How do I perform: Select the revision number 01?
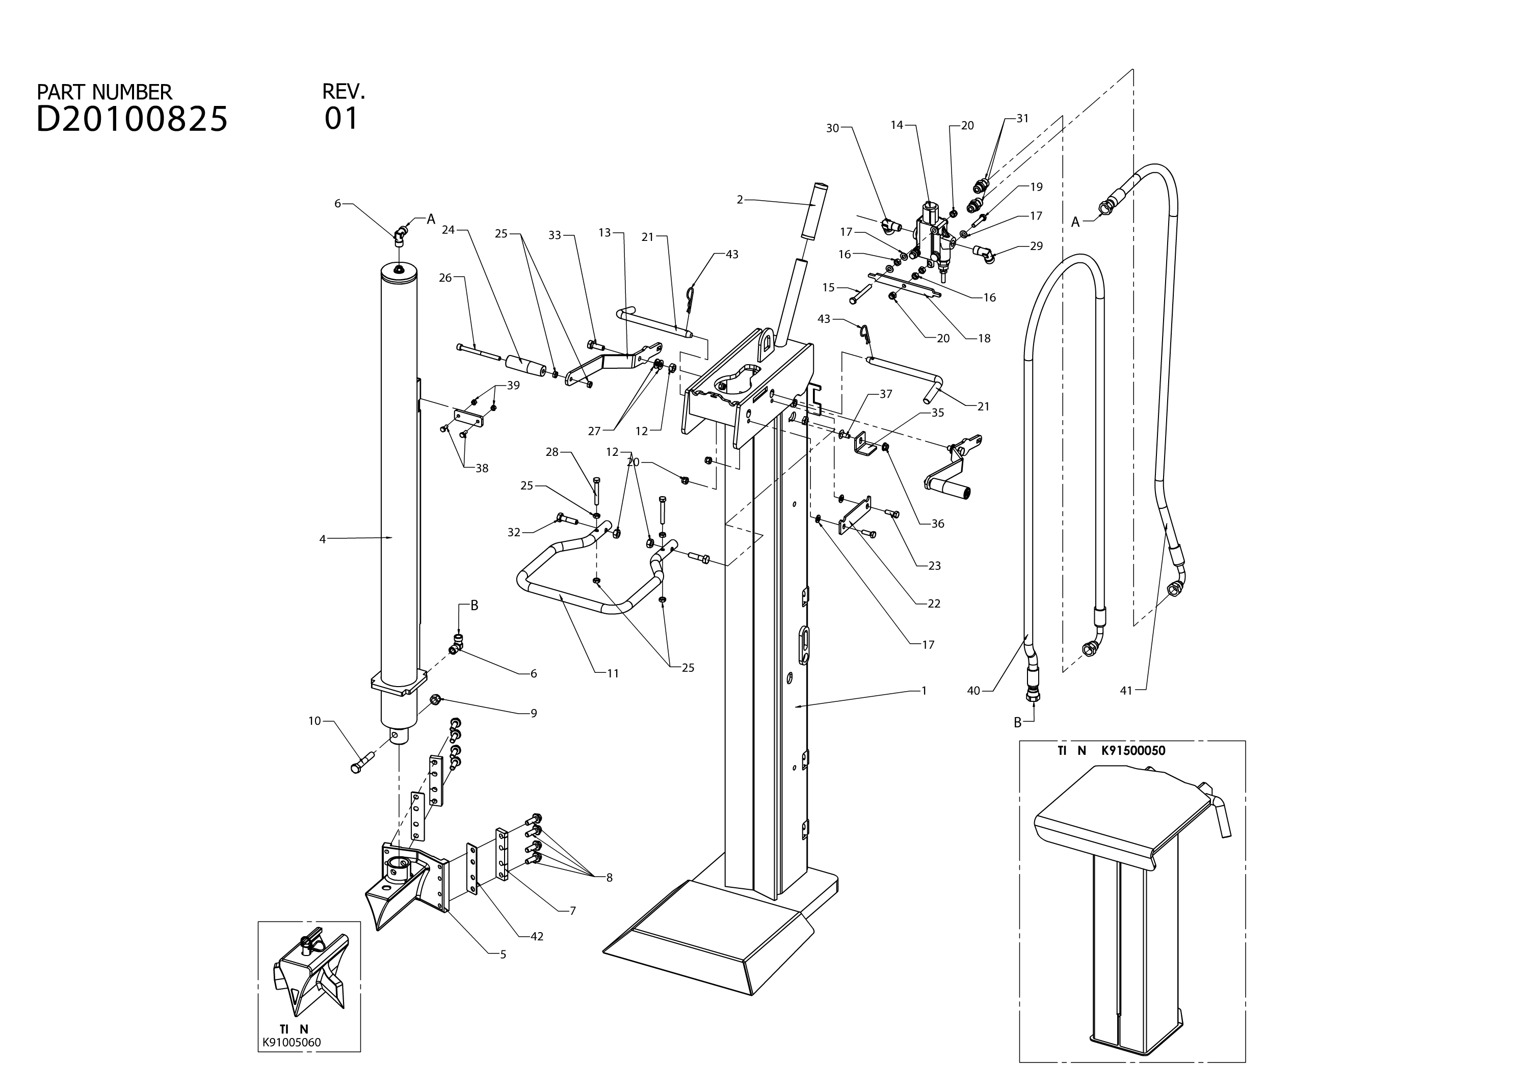(x=341, y=118)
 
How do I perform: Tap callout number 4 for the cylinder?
(x=322, y=539)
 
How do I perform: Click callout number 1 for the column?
(x=924, y=691)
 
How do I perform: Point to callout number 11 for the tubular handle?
(x=613, y=673)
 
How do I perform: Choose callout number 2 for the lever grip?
(x=740, y=200)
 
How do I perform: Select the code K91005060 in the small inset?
(x=292, y=1043)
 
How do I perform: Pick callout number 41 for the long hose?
(x=1126, y=691)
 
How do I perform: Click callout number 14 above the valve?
(x=897, y=125)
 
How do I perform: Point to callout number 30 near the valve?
(x=833, y=128)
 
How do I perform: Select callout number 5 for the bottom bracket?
(x=503, y=954)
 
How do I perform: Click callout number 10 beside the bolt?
(x=315, y=721)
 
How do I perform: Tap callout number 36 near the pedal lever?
(x=938, y=524)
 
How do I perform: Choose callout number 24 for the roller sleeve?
(x=449, y=230)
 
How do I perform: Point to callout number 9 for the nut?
(x=534, y=714)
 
